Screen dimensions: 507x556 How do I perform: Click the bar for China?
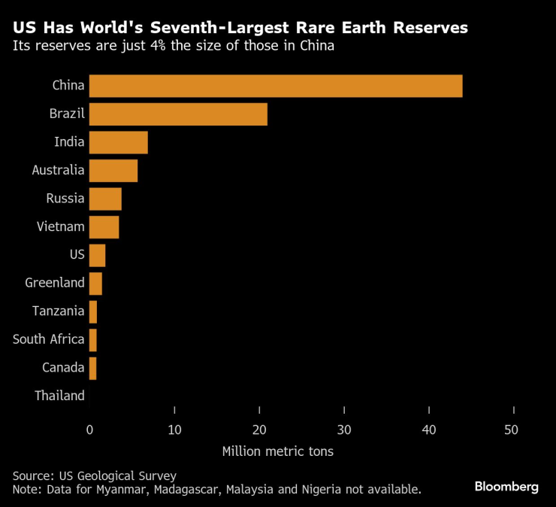click(276, 86)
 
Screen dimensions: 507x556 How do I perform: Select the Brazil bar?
click(178, 114)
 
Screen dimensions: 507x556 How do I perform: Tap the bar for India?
click(118, 142)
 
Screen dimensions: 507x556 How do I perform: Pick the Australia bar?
click(113, 171)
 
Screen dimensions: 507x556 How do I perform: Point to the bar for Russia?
click(105, 199)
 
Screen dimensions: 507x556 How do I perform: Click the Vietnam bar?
click(104, 227)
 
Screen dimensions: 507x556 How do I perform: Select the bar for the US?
click(97, 255)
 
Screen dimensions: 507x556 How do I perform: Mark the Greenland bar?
click(95, 284)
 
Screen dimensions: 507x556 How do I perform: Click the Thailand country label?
click(59, 396)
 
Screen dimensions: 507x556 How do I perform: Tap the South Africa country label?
click(48, 339)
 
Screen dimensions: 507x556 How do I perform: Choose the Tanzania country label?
click(59, 311)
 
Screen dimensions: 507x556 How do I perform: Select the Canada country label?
click(63, 368)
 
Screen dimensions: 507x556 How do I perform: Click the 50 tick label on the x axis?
click(513, 430)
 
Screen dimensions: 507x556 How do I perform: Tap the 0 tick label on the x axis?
click(90, 430)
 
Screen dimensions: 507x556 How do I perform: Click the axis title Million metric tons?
click(278, 451)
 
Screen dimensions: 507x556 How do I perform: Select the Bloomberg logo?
click(506, 487)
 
